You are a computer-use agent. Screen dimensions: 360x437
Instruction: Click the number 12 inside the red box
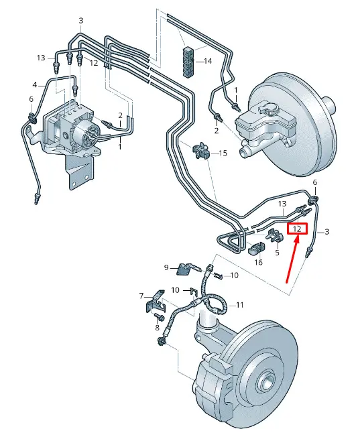pos(297,229)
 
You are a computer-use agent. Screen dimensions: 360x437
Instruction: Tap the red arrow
pos(292,259)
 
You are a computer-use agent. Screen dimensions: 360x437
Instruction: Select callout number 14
pos(208,61)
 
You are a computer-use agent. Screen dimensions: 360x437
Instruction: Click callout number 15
pos(223,153)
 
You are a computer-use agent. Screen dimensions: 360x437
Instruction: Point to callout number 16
pos(259,262)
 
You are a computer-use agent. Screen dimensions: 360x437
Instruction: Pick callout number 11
pos(240,305)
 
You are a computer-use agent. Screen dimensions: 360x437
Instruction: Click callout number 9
pos(166,267)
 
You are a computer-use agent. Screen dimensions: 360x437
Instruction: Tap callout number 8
pos(158,328)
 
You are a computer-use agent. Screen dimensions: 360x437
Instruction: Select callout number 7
pos(141,296)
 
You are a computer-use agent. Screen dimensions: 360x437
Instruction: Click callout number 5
pos(277,253)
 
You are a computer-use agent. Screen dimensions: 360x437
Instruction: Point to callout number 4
pos(35,84)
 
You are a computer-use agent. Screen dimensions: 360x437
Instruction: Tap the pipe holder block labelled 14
pos(189,62)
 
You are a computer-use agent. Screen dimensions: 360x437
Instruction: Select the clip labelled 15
pos(200,151)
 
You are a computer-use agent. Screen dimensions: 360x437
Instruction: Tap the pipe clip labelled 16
pos(257,247)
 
